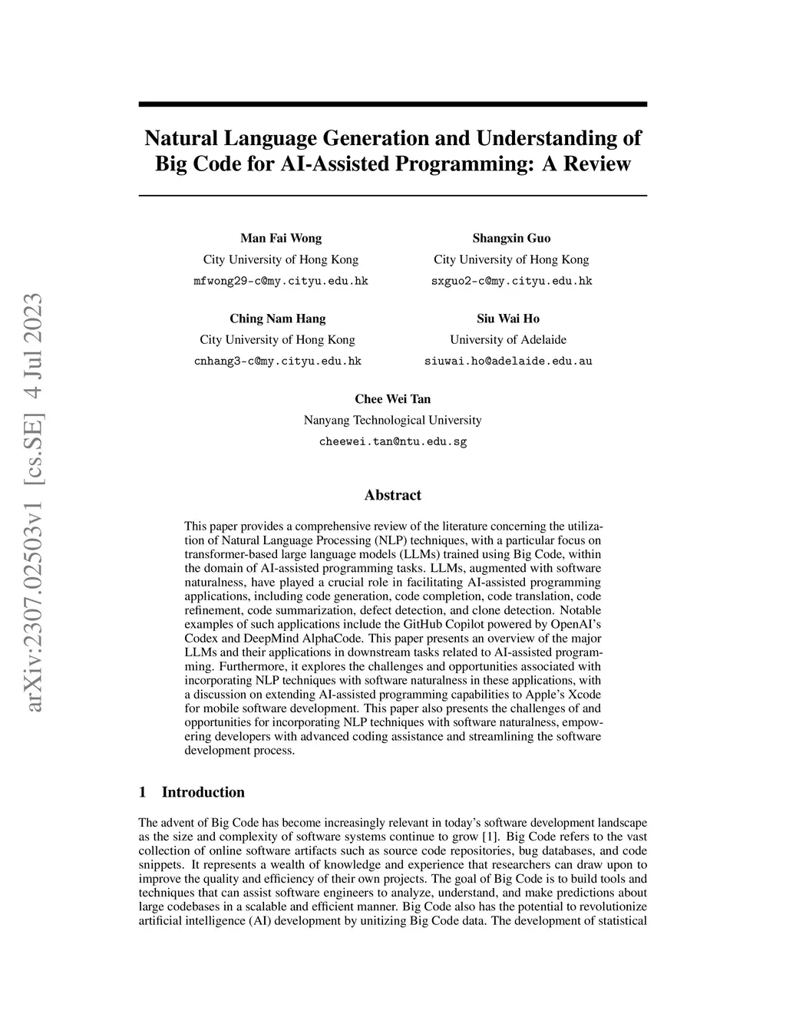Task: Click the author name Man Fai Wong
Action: click(281, 238)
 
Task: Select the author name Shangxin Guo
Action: click(511, 238)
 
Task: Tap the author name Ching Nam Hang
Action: click(277, 319)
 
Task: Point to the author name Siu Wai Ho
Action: click(508, 319)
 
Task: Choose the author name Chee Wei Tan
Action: click(392, 399)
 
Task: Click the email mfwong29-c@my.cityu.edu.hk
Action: click(281, 281)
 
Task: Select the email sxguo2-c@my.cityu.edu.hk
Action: click(511, 281)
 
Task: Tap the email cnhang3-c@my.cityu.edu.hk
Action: click(277, 361)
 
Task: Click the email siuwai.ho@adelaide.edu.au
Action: click(508, 361)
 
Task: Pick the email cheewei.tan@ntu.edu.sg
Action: click(392, 441)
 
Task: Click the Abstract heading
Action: click(392, 495)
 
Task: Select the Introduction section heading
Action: click(203, 792)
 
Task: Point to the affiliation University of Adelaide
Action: click(508, 339)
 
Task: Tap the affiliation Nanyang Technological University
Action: click(392, 420)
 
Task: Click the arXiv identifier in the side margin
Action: click(33, 503)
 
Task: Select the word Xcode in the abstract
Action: click(584, 694)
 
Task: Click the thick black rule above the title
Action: click(392, 104)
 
